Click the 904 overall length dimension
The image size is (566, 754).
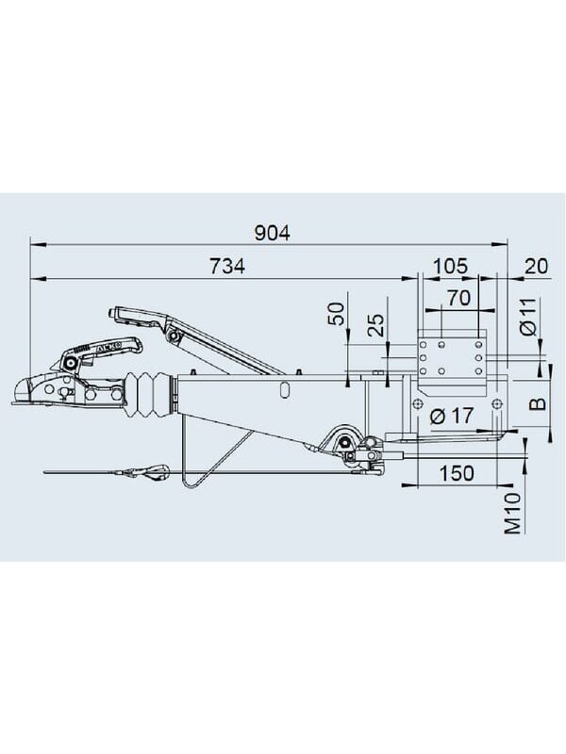tap(273, 233)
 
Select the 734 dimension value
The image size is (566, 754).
tap(226, 266)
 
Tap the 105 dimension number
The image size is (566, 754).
tap(450, 266)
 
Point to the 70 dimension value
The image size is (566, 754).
tap(458, 298)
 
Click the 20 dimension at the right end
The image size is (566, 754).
tap(536, 266)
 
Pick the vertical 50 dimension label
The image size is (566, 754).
tap(337, 314)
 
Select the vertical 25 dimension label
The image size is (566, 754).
tap(375, 325)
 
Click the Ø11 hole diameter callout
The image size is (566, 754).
tap(528, 317)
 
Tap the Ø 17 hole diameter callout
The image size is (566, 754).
tap(452, 415)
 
